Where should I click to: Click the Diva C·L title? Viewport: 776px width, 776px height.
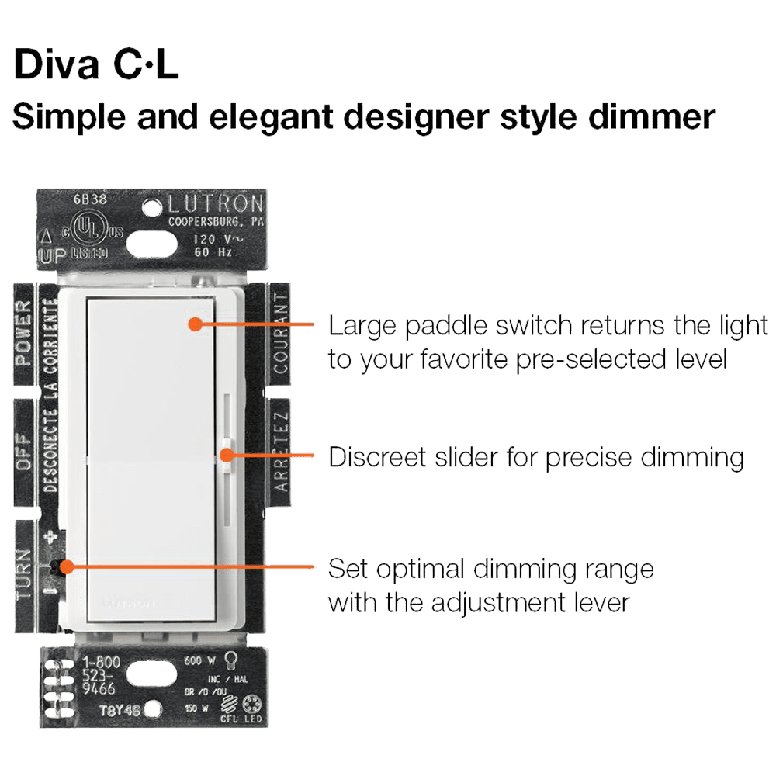click(96, 65)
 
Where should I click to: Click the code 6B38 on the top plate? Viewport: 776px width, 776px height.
click(90, 199)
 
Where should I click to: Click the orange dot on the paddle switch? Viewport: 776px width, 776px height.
click(194, 324)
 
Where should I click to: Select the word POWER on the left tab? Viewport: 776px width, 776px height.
click(25, 333)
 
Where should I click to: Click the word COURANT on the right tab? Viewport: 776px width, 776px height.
click(280, 334)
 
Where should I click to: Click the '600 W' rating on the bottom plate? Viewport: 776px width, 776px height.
click(199, 661)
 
